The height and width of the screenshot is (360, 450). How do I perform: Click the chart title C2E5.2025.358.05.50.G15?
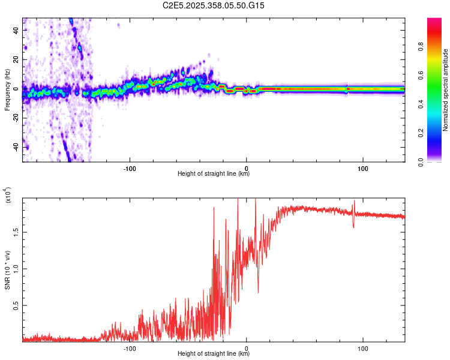point(214,5)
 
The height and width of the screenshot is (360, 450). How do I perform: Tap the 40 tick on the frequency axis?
point(16,31)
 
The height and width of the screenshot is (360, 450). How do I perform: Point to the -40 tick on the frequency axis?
point(16,148)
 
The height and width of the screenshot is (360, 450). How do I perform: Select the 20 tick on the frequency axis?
point(16,60)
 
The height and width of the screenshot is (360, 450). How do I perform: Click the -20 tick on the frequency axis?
point(16,118)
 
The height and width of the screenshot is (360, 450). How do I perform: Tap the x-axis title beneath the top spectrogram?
point(214,174)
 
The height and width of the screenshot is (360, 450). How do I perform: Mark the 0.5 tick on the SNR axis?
point(16,305)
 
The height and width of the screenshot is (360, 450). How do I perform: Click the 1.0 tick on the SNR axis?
point(16,268)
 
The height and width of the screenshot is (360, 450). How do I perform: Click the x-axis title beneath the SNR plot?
point(214,354)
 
